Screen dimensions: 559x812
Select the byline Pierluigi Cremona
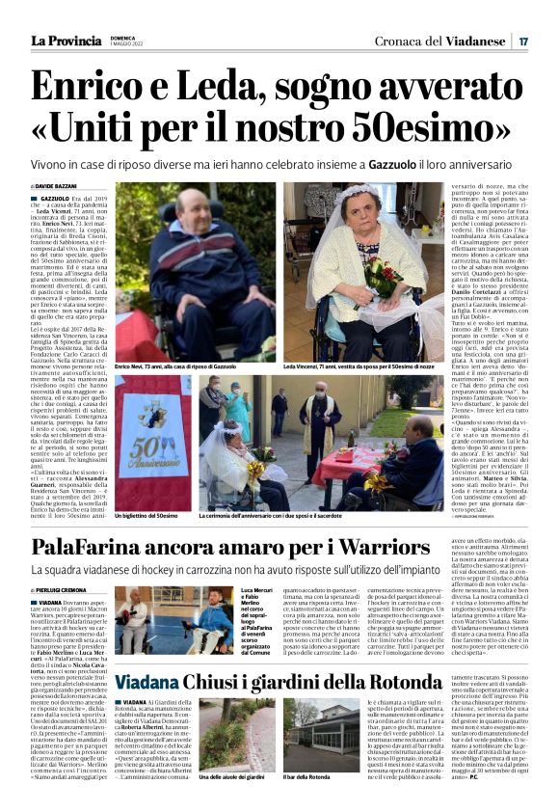click(x=64, y=587)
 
